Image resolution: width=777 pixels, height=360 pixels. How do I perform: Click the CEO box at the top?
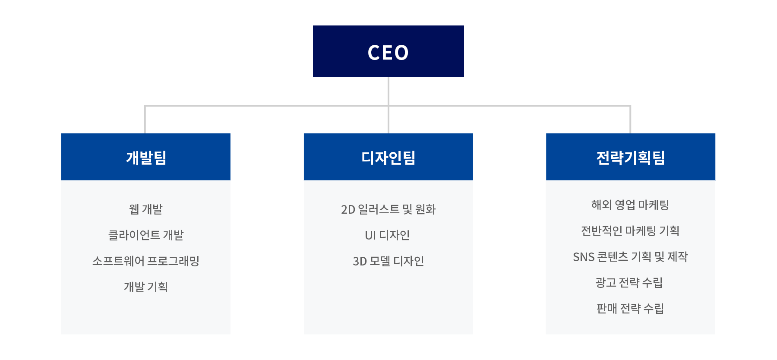pyautogui.click(x=388, y=51)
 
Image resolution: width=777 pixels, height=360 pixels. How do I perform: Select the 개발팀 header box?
pyautogui.click(x=146, y=157)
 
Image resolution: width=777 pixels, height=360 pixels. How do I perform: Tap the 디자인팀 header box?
pyautogui.click(x=388, y=157)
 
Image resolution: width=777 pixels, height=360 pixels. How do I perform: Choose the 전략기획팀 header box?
pyautogui.click(x=631, y=157)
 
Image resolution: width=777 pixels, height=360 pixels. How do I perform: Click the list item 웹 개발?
pyautogui.click(x=146, y=209)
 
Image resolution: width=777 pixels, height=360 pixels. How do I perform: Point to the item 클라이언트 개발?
pyautogui.click(x=146, y=235)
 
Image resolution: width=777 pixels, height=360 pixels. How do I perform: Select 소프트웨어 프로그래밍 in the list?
pyautogui.click(x=146, y=261)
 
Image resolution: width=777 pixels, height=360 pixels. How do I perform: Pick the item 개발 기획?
pyautogui.click(x=146, y=287)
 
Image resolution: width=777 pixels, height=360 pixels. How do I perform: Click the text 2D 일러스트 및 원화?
pyautogui.click(x=388, y=209)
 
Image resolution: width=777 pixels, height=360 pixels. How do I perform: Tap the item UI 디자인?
pyautogui.click(x=388, y=235)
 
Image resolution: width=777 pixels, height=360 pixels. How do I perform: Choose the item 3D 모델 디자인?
pyautogui.click(x=388, y=261)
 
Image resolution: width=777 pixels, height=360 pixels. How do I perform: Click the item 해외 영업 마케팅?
pyautogui.click(x=630, y=205)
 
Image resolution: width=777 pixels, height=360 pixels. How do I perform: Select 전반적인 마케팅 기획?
pyautogui.click(x=630, y=231)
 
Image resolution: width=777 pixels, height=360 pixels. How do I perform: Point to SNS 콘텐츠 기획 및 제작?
pyautogui.click(x=630, y=257)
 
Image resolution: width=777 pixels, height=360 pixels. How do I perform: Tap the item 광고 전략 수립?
pyautogui.click(x=629, y=283)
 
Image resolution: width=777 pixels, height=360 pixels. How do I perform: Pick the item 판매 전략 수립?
pyautogui.click(x=630, y=309)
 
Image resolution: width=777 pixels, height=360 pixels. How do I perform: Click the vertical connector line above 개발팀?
pyautogui.click(x=145, y=120)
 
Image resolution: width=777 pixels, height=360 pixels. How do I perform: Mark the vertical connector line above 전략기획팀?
pyautogui.click(x=630, y=120)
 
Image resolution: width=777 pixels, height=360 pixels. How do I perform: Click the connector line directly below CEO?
pyautogui.click(x=388, y=105)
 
